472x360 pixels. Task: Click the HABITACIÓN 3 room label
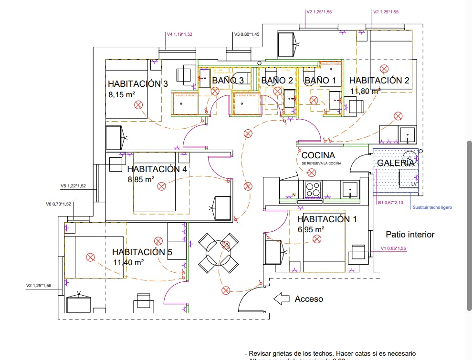coord(137,84)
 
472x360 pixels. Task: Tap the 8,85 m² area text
coord(141,180)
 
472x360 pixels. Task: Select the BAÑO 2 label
coord(277,81)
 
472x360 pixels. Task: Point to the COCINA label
coord(318,155)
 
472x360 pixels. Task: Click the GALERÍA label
coord(396,163)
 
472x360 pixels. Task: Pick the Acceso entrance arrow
coord(282,299)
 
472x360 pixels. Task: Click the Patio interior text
coord(410,235)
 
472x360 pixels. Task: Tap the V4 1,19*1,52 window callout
coord(179,34)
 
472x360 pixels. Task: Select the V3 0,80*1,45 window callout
coord(247,34)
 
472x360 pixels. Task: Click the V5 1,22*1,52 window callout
coord(73,186)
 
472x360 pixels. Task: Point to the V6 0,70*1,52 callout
coord(58,204)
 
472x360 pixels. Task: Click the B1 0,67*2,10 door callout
coord(390,203)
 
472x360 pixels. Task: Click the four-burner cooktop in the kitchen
coord(313,189)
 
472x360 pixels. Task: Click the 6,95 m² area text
coord(311,229)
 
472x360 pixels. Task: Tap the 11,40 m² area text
coord(128,262)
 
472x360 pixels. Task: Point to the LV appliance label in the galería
coord(414,184)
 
